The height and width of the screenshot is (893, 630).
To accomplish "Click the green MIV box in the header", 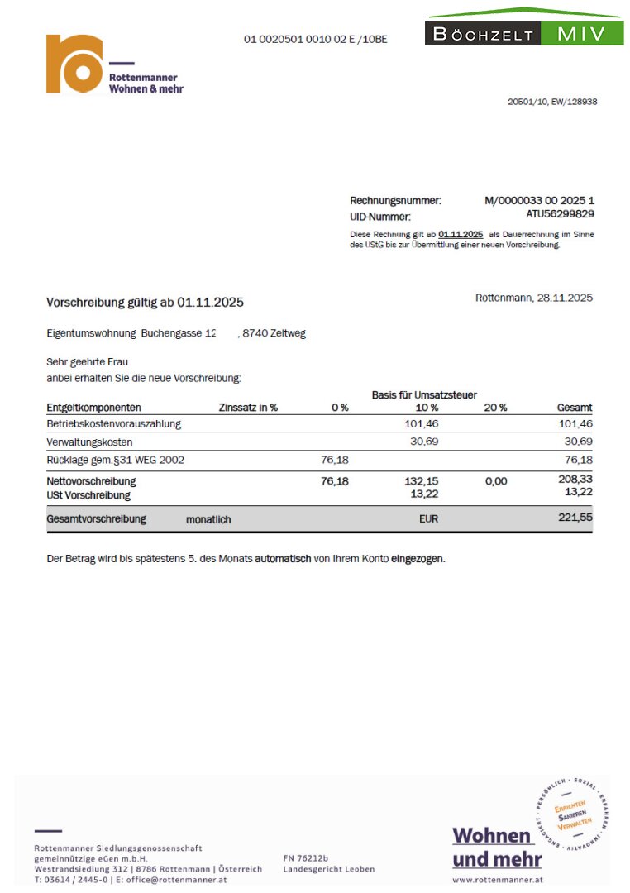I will point(583,34).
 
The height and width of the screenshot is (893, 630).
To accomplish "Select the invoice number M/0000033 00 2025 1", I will point(539,201).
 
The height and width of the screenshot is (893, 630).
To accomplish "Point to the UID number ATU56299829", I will point(560,214).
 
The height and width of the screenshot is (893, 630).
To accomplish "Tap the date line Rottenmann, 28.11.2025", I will point(534,298).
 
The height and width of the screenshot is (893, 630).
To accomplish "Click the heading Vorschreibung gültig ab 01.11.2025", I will point(145,303).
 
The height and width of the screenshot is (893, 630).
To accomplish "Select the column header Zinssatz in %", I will point(248,408).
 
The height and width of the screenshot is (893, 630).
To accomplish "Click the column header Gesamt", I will point(575,408).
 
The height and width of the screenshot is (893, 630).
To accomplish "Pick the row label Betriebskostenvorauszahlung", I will point(113,423).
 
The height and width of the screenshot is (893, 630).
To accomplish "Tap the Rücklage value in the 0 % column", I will point(335,460).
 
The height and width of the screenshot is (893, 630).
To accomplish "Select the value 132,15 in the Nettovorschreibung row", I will point(424,480).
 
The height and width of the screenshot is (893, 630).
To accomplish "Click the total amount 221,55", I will point(575,518).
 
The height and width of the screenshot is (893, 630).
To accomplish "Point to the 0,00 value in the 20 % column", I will point(496,480).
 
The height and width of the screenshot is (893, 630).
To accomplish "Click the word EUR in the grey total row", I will point(428,519).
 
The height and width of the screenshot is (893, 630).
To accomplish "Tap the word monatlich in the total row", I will point(208,519).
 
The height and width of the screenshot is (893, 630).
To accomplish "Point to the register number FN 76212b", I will point(306,857).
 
